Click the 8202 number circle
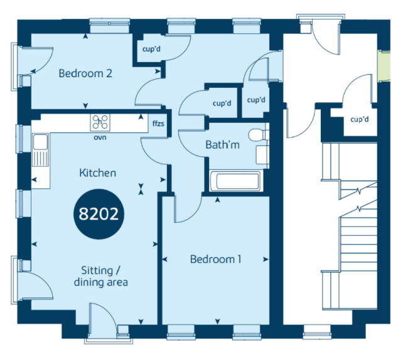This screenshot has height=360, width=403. pyautogui.click(x=99, y=214)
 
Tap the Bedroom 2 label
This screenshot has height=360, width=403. pyautogui.click(x=85, y=73)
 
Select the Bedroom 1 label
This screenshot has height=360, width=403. pyautogui.click(x=215, y=259)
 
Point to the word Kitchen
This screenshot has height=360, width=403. pyautogui.click(x=98, y=173)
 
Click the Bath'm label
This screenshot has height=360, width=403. pyautogui.click(x=222, y=145)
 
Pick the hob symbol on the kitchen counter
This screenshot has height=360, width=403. pyautogui.click(x=100, y=122)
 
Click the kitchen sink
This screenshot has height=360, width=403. pyautogui.click(x=40, y=149)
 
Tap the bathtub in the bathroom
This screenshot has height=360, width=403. pyautogui.click(x=236, y=181)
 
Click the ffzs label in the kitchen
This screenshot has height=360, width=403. pyautogui.click(x=158, y=124)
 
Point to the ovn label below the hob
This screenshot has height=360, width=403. pyautogui.click(x=100, y=137)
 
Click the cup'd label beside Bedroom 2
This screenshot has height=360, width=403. pyautogui.click(x=151, y=49)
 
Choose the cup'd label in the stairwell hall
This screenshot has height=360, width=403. pyautogui.click(x=359, y=119)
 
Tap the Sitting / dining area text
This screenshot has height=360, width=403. pyautogui.click(x=100, y=277)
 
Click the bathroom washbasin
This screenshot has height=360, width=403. pyautogui.click(x=262, y=155)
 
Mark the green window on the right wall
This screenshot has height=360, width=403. pyautogui.click(x=384, y=66)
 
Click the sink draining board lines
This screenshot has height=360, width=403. pyautogui.click(x=40, y=159)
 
